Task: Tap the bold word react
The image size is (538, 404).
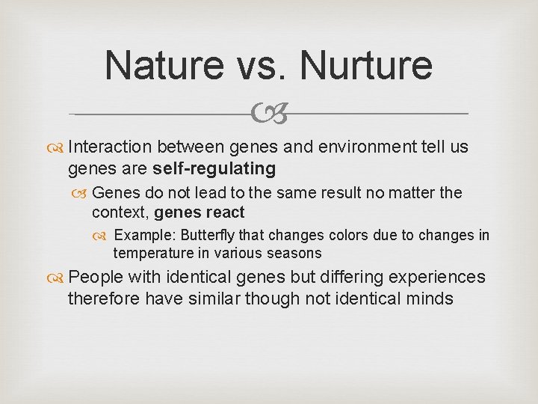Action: (x=223, y=212)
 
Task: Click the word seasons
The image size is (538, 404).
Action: (x=295, y=254)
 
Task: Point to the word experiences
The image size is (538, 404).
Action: (x=436, y=278)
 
